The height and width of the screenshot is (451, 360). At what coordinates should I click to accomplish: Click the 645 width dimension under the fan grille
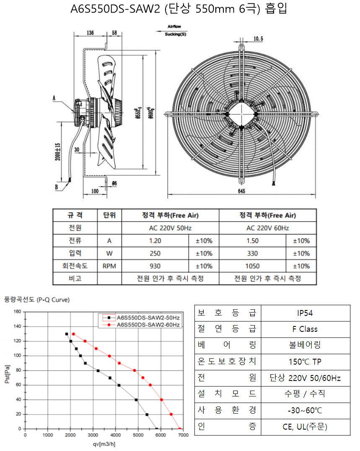coord(241,191)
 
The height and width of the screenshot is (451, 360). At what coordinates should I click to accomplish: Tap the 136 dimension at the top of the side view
coord(90,33)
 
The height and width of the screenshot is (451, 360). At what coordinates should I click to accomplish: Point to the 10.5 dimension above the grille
coord(258,39)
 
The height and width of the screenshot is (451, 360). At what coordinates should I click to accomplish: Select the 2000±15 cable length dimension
coord(58,151)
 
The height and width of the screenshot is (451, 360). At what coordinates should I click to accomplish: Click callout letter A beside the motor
coord(54,98)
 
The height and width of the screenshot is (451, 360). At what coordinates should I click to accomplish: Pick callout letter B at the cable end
coord(56,187)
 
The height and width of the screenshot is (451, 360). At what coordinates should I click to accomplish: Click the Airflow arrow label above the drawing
coord(174,26)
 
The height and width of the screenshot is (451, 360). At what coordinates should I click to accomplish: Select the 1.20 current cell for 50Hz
coord(155,241)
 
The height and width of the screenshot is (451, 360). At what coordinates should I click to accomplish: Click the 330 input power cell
coord(252,253)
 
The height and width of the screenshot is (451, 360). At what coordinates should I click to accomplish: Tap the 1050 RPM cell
coord(252,266)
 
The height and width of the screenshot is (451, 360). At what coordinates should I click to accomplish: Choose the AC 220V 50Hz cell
coord(170,228)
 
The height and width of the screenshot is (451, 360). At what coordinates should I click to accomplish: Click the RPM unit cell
coord(109,266)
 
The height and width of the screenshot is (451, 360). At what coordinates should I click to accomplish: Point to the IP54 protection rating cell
coord(305,313)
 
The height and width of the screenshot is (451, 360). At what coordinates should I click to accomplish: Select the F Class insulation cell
coord(305,329)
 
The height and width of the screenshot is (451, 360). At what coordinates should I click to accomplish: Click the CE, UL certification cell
coord(305,427)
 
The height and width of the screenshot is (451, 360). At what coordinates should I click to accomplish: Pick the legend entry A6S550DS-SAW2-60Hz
coord(148,325)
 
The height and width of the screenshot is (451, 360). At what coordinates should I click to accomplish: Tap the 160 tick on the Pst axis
coord(17,311)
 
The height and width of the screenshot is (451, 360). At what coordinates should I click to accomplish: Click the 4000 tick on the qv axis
coord(116,435)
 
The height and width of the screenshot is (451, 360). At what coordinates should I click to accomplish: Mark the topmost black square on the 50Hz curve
coord(67,334)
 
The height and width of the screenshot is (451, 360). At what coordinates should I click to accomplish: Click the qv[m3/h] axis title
coord(104,444)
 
